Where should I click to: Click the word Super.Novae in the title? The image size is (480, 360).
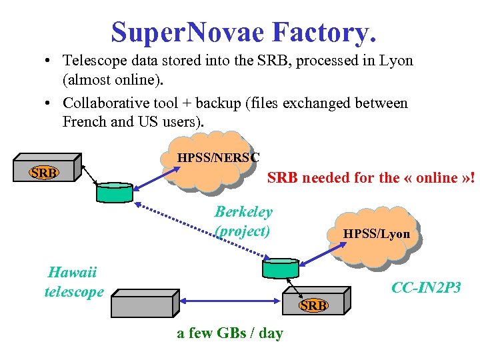coord(189,31)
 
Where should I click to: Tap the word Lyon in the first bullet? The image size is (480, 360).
coord(397,61)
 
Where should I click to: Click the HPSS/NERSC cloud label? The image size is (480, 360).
coord(217,158)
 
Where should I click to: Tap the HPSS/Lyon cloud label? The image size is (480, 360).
coord(376,234)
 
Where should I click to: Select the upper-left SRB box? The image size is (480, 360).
coord(45,173)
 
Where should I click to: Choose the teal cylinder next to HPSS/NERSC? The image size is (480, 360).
coord(115,192)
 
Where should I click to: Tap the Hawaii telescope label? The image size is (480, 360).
coord(73,282)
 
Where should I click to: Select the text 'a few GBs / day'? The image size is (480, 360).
coord(230,333)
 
